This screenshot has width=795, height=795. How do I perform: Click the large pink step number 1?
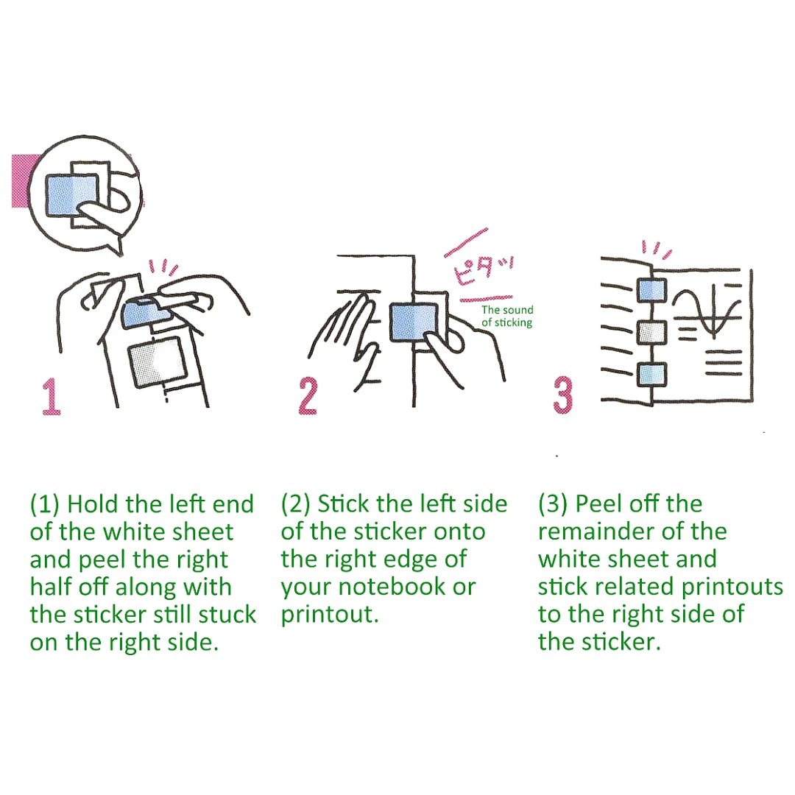tap(52, 397)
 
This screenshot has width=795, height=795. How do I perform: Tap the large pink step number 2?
tap(308, 396)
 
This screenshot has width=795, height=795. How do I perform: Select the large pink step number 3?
tap(563, 396)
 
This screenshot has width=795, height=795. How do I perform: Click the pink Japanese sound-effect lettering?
tap(482, 269)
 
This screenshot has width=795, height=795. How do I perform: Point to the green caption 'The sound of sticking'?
tap(507, 316)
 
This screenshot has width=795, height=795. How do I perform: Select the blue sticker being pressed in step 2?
tap(414, 322)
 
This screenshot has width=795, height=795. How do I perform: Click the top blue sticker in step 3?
tap(651, 290)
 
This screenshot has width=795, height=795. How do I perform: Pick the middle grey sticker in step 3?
tap(651, 333)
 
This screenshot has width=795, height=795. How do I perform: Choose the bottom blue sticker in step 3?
tap(651, 375)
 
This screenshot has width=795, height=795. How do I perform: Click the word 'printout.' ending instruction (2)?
tap(330, 615)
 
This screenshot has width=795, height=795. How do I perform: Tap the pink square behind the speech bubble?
tap(23, 181)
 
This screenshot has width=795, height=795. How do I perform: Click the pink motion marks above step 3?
tap(657, 250)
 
